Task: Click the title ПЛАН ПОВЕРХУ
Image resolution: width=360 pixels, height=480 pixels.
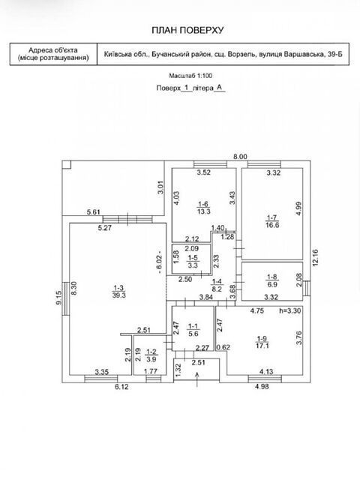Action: [187, 30]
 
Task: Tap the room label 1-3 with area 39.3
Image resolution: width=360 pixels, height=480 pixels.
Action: [118, 292]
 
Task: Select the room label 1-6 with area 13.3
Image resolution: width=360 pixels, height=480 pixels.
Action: [204, 208]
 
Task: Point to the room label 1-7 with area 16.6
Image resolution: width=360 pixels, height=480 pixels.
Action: [272, 221]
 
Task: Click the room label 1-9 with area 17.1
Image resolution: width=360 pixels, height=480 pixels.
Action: [262, 342]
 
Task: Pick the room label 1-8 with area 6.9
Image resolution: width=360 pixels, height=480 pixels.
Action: [272, 280]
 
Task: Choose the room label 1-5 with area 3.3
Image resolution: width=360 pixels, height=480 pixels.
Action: [193, 262]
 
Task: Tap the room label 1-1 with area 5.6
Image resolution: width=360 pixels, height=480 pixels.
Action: [193, 330]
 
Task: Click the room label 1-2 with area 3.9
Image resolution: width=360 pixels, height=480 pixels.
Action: [151, 355]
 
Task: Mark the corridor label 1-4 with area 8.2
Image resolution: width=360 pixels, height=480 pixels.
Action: [217, 285]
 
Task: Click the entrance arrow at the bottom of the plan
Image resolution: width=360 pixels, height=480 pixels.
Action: [196, 379]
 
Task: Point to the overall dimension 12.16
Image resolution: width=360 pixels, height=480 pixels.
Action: [316, 258]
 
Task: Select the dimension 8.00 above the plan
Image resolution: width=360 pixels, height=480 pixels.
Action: [240, 157]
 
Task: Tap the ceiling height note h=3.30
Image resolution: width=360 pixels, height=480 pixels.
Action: [290, 310]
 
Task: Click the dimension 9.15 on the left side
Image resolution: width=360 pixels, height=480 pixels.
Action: [58, 298]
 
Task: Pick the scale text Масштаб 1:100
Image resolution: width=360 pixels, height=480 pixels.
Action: [190, 76]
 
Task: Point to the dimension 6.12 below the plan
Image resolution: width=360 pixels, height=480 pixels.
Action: [121, 387]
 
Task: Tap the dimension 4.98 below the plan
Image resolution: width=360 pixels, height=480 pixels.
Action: [262, 387]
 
